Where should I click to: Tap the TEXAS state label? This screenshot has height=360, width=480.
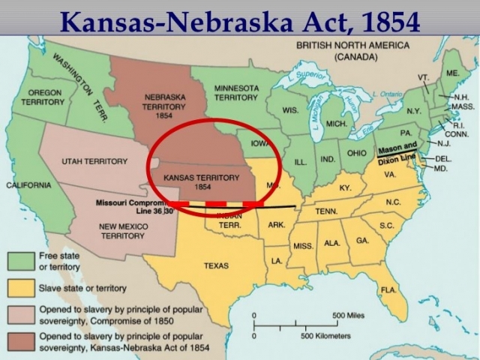216,265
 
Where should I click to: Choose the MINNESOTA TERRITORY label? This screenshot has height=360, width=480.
235,93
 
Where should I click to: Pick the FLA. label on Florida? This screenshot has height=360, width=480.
388,289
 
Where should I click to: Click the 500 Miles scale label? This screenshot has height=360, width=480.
348,314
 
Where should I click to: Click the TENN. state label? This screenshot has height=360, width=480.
325,212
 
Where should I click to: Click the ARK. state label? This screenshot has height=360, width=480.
276,224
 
